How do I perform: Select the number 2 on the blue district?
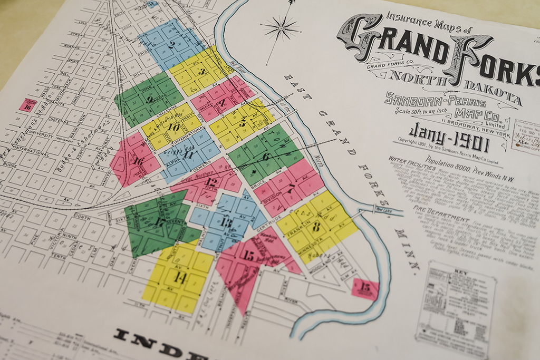pyautogui.click(x=171, y=45)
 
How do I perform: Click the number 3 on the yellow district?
pyautogui.click(x=202, y=72)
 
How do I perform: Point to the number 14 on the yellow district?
pyautogui.click(x=179, y=278)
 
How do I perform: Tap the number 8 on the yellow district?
pyautogui.click(x=316, y=227)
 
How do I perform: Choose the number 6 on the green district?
pyautogui.click(x=266, y=156)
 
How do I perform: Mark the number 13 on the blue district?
pyautogui.click(x=226, y=222)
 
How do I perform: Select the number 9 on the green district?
pyautogui.click(x=150, y=99)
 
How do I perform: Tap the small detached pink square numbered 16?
pyautogui.click(x=28, y=105)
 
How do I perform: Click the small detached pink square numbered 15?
pyautogui.click(x=365, y=288)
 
